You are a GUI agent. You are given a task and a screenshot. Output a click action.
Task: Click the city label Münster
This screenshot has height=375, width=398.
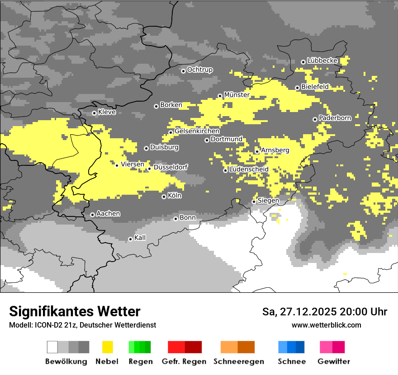237,95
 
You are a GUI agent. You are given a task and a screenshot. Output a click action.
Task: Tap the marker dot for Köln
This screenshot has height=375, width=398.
164,197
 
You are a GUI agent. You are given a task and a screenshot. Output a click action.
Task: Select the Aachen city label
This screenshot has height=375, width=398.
108,214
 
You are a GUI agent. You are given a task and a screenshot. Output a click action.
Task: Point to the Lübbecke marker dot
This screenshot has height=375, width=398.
303,62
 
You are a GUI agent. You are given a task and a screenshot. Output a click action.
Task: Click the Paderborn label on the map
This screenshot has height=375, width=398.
335,118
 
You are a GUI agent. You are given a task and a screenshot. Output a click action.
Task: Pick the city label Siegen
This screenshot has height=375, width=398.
268,201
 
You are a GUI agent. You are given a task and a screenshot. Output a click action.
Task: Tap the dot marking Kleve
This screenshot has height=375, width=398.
94,113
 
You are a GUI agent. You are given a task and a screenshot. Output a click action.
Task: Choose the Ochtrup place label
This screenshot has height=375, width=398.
199,70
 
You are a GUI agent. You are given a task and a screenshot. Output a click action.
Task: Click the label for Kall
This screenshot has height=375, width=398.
140,238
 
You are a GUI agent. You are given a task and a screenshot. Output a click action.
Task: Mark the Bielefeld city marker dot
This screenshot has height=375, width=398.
297,88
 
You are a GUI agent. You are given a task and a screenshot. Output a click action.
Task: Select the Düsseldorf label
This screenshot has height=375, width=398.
171,168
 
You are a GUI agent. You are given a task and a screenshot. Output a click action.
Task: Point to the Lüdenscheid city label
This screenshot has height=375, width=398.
249,169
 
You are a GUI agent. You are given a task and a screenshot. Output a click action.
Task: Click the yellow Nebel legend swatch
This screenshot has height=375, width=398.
107,347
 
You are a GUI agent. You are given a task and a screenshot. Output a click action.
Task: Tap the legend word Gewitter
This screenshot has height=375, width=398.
333,361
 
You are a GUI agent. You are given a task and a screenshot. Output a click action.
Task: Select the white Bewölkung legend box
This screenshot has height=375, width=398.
52,347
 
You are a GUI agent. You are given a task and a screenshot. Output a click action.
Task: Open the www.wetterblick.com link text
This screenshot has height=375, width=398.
326,325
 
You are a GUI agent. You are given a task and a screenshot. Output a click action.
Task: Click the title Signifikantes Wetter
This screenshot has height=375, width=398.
75,311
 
